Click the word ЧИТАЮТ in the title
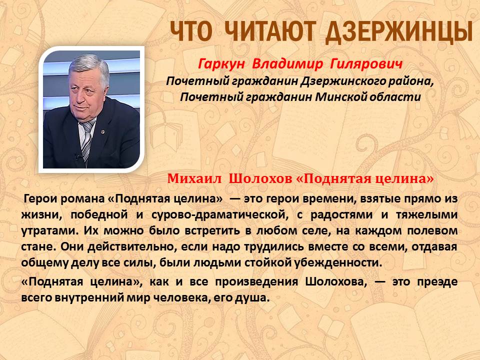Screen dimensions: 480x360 tap(269, 31)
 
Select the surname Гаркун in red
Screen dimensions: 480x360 tap(221, 64)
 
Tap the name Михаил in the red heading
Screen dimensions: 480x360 tap(194, 178)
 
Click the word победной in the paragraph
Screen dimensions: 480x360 tap(99, 214)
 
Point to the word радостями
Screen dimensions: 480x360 tap(341, 215)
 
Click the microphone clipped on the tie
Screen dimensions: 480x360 tap(79, 156)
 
